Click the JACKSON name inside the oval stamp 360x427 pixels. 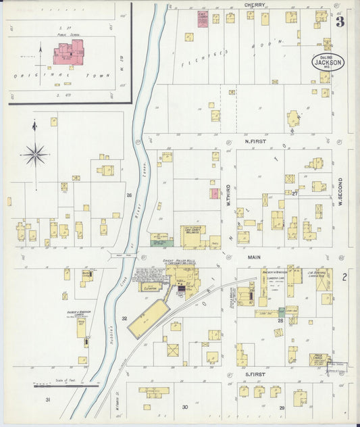328,61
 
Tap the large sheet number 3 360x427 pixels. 340,22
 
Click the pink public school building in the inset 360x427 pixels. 68,53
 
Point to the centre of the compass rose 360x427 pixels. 35,155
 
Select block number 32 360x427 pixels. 124,318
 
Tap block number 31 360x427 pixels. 48,401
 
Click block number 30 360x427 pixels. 184,407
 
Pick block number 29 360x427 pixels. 282,408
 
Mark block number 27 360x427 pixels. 295,193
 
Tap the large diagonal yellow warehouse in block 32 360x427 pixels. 148,318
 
